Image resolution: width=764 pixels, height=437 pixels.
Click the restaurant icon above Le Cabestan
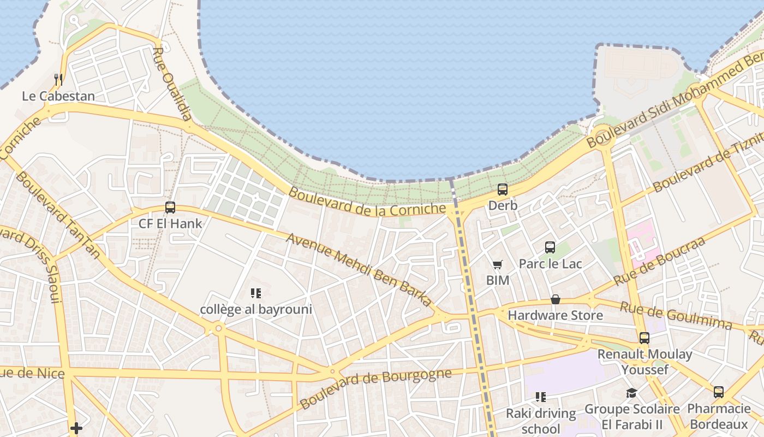point(58,80)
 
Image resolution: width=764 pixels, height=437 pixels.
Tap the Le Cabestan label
point(58,96)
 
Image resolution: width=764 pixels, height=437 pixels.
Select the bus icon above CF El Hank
point(170,208)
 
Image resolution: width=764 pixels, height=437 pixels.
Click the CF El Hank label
point(170,223)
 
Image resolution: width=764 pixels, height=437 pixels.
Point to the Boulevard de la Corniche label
point(367,202)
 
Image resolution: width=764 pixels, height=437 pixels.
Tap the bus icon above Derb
point(503,190)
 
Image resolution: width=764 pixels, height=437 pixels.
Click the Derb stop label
point(503,205)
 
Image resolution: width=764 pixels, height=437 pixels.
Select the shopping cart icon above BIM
point(498,265)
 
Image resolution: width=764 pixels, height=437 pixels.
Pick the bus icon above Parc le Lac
point(550,247)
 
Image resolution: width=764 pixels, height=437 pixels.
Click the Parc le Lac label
point(550,264)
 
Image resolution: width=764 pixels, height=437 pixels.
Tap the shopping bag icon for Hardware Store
point(556,299)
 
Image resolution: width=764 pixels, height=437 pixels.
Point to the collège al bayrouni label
point(256,309)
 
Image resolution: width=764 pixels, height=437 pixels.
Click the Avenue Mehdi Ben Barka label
point(359,269)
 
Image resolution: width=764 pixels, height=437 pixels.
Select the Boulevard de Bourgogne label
point(376,388)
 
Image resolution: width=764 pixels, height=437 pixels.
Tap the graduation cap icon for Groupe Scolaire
point(632,393)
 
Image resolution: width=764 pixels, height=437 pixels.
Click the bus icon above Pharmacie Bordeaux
point(719,392)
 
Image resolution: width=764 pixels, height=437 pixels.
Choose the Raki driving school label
point(541,421)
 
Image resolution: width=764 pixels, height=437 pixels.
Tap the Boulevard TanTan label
point(58,215)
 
